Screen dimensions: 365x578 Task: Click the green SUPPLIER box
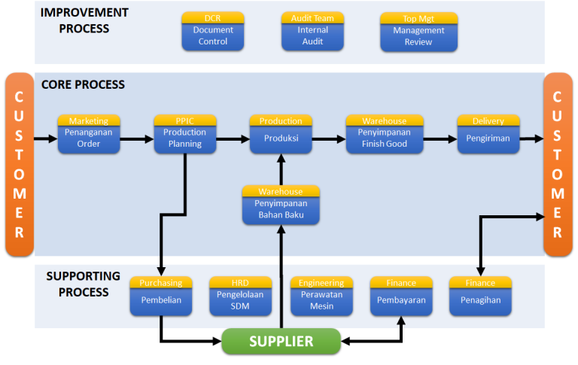pos(281,341)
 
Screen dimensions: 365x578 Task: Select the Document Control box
pos(213,35)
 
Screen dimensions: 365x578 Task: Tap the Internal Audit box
pos(312,35)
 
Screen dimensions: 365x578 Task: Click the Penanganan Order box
pos(89,138)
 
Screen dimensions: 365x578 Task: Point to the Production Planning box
pos(185,138)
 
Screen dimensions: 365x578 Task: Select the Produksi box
pos(281,138)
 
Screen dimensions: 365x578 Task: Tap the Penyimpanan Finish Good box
pos(377,138)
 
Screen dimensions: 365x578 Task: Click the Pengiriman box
pos(488,138)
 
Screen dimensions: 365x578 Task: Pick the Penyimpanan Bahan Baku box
pos(281,209)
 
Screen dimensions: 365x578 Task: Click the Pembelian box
pos(161,300)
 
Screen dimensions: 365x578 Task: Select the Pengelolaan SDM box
pos(240,300)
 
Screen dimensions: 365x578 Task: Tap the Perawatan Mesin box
pos(321,300)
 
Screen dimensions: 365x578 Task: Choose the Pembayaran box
pos(401,300)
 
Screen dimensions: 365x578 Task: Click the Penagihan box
pos(480,300)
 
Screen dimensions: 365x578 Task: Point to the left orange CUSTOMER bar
pos(20,164)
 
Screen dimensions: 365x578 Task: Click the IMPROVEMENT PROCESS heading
pos(84,20)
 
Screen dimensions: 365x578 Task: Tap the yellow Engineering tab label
pos(321,283)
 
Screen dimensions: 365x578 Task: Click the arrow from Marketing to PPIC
pos(137,139)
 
